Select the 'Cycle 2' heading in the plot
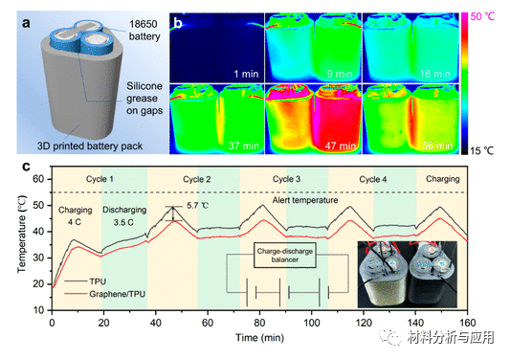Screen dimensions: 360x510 pyautogui.click(x=194, y=180)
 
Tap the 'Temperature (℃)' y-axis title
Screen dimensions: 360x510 pyautogui.click(x=13, y=244)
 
